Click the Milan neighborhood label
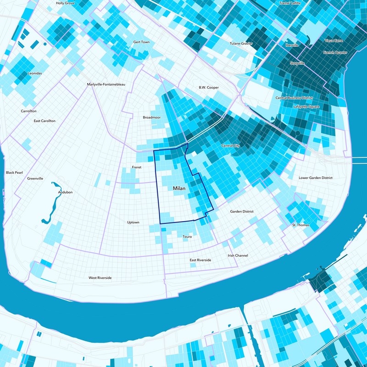pyautogui.click(x=179, y=189)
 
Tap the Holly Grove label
pyautogui.click(x=65, y=3)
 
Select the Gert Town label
pyautogui.click(x=141, y=42)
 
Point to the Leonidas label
pyautogui.click(x=35, y=73)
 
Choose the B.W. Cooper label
pyautogui.click(x=209, y=87)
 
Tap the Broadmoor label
pyautogui.click(x=151, y=118)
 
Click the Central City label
pyautogui.click(x=231, y=146)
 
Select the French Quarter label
pyautogui.click(x=335, y=53)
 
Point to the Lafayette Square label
pyautogui.click(x=306, y=106)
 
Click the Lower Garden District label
pyautogui.click(x=315, y=178)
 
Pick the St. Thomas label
pyautogui.click(x=301, y=225)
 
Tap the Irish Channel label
pyautogui.click(x=238, y=255)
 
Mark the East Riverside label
pyautogui.click(x=200, y=260)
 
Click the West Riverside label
pyautogui.click(x=100, y=278)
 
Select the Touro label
pyautogui.click(x=187, y=237)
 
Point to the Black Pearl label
pyautogui.click(x=14, y=172)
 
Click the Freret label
pyautogui.click(x=137, y=167)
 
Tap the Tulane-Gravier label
pyautogui.click(x=241, y=44)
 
